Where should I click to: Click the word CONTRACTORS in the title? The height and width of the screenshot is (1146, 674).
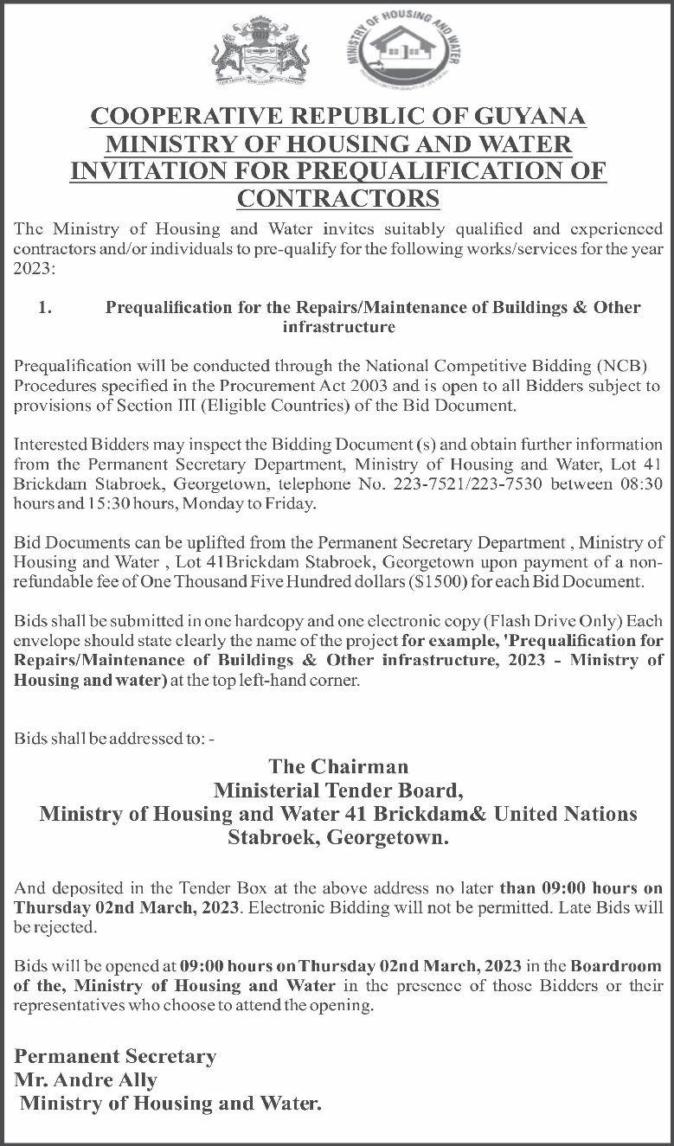[338, 198]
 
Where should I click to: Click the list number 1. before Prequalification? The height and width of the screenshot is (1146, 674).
[47, 307]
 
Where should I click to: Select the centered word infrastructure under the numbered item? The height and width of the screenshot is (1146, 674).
[338, 327]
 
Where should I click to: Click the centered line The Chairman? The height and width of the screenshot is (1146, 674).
[338, 766]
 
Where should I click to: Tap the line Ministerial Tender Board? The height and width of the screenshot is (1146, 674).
[338, 790]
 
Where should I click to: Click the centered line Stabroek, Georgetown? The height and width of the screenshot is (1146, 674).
[338, 837]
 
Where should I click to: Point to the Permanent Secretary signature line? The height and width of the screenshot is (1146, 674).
[115, 1057]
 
